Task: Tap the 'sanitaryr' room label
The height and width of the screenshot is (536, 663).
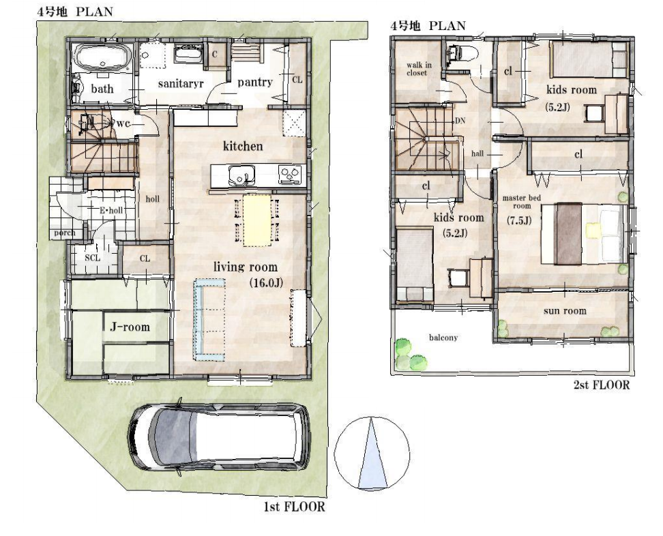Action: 181,83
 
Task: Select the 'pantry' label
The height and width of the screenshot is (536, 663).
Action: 254,82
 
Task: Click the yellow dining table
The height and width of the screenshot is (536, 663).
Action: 256,220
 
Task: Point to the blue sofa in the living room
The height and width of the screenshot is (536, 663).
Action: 207,320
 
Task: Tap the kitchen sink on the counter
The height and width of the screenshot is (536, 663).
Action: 241,175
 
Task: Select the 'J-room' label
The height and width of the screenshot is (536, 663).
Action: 130,327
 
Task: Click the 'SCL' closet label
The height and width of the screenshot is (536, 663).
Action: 92,258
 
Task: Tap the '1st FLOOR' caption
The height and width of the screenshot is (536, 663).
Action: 294,507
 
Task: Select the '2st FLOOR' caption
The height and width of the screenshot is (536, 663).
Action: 601,385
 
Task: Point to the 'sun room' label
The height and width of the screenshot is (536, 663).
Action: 565,311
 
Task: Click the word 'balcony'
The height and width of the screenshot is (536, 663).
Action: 443,338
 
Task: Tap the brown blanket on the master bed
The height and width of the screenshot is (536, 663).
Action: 569,234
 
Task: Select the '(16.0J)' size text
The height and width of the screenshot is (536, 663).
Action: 266,283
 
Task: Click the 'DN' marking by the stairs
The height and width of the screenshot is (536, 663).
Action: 460,121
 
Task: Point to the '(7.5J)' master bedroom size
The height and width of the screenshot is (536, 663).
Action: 519,220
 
